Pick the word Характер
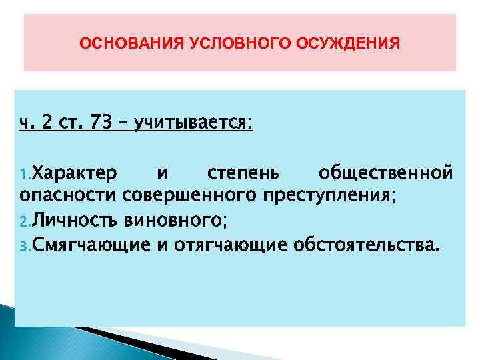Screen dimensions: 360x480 click(75, 174)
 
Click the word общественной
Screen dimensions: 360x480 click(386, 175)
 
